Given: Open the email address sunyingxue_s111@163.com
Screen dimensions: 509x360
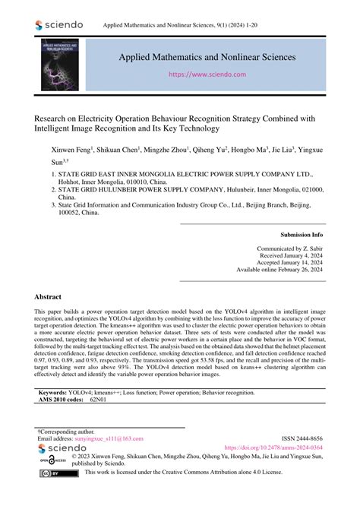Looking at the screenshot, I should coord(111,440).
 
